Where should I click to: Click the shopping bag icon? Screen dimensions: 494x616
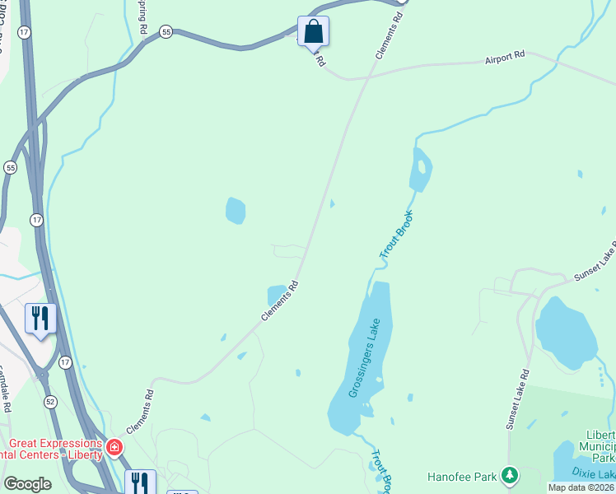(313, 31)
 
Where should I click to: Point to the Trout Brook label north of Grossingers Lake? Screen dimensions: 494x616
(396, 236)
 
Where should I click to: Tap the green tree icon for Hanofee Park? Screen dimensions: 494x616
(511, 475)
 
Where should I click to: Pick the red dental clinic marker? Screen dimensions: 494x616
(114, 448)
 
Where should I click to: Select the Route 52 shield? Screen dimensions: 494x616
(50, 401)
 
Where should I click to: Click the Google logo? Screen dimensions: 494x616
(27, 484)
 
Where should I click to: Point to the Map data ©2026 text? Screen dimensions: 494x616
(581, 487)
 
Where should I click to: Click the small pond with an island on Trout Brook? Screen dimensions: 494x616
(421, 170)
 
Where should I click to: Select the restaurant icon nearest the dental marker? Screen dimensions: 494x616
(139, 481)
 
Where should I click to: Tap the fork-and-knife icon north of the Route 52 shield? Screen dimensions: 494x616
(40, 317)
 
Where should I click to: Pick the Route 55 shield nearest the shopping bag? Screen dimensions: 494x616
(167, 31)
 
